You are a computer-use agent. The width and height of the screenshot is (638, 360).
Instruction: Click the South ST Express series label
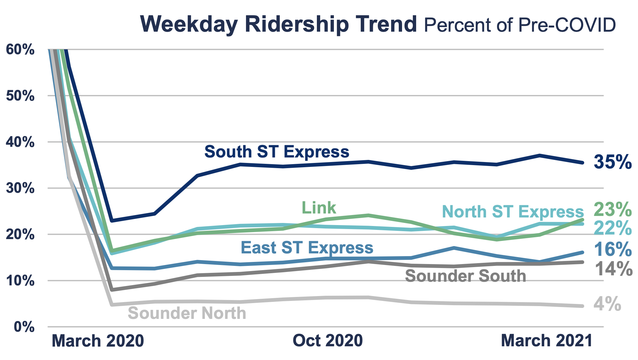[x=277, y=152]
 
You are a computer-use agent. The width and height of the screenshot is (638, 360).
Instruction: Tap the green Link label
[x=319, y=208]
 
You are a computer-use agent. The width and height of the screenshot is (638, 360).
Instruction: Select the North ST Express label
[x=513, y=211]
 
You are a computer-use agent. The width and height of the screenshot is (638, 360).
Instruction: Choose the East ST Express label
[x=307, y=247]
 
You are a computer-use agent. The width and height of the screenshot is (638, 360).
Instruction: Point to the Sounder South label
[x=465, y=276]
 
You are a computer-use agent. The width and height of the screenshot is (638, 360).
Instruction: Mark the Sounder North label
[x=187, y=313]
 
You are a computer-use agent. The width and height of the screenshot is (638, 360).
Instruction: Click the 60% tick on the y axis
[x=20, y=50]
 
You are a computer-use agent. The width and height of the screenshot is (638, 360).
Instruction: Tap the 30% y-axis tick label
[x=20, y=188]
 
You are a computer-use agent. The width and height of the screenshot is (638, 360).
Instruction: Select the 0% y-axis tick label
[x=24, y=327]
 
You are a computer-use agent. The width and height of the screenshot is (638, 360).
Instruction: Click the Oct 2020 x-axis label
[x=328, y=340]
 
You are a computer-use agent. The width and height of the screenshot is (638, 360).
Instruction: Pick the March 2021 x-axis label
[x=546, y=340]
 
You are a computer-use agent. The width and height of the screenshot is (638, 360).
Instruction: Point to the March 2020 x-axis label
[x=98, y=341]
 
